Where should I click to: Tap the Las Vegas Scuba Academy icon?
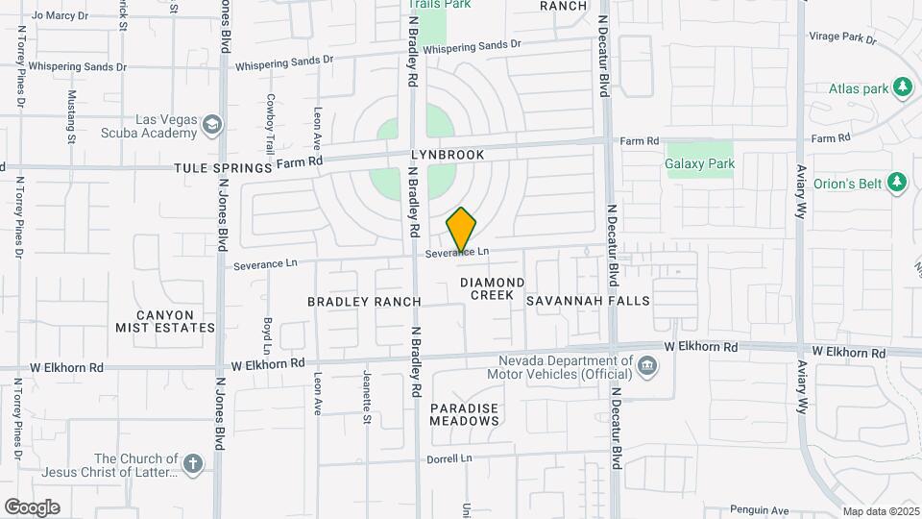(212, 125)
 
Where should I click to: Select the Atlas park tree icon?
(902, 88)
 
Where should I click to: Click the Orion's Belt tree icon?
(897, 182)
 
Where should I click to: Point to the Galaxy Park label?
(700, 163)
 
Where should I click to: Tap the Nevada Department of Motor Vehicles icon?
(647, 366)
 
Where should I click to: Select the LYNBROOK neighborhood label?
(448, 155)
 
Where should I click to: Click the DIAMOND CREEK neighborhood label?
(492, 288)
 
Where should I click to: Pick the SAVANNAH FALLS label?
(588, 301)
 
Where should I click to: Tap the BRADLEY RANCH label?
(364, 302)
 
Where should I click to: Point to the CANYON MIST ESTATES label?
(165, 321)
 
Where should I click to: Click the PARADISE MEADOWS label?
(464, 414)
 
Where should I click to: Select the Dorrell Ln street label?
(450, 459)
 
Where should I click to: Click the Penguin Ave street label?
(759, 509)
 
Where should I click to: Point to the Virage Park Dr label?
(843, 39)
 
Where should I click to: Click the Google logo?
(32, 507)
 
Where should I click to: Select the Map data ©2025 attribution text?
(881, 511)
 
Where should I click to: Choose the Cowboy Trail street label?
(272, 124)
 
